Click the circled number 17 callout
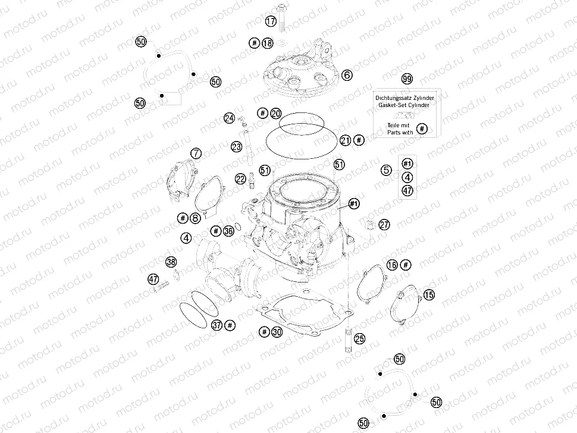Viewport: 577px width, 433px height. pos(271,21)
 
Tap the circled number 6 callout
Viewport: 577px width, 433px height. pos(346,76)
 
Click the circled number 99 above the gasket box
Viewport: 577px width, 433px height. pos(407,79)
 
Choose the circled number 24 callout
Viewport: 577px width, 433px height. pos(230,118)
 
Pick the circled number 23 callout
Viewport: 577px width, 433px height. pos(236,146)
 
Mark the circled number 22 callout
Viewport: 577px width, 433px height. pos(240,178)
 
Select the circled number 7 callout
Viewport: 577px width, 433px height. pos(196,155)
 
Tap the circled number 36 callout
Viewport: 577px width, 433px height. pos(228,231)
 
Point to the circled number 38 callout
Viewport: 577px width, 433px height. pos(171,262)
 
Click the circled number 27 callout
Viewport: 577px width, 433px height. pos(384,225)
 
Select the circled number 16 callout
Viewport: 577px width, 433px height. pos(391,265)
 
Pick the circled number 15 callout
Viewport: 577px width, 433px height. pos(429,294)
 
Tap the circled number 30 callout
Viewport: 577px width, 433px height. pos(276,332)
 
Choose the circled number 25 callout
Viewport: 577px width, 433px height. pos(359,338)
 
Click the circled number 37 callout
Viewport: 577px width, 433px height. pos(217,325)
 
